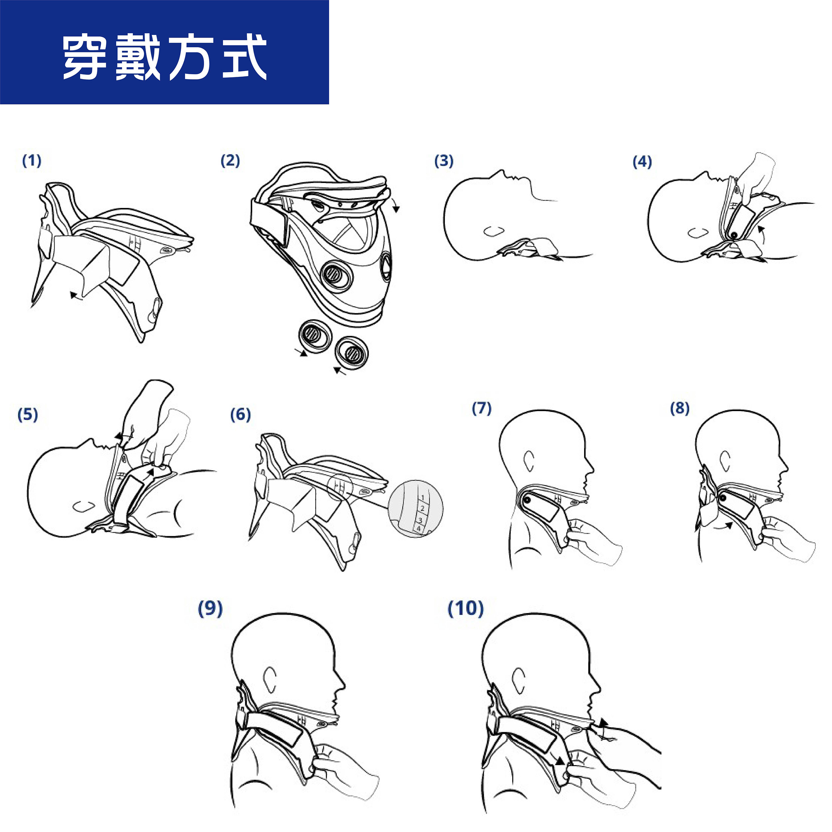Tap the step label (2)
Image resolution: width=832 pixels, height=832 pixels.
[x=230, y=161]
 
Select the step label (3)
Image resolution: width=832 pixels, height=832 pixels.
[x=444, y=161]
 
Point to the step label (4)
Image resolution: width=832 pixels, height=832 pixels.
[x=642, y=162]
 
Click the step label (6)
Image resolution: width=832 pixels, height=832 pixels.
[x=240, y=415]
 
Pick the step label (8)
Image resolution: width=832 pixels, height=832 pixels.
[x=680, y=408]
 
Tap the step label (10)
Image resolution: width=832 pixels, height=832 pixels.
[x=466, y=608]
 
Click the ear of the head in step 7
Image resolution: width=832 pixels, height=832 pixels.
[x=529, y=461]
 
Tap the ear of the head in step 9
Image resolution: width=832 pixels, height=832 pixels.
[x=270, y=680]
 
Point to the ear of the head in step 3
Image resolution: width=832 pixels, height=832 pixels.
[x=494, y=231]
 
